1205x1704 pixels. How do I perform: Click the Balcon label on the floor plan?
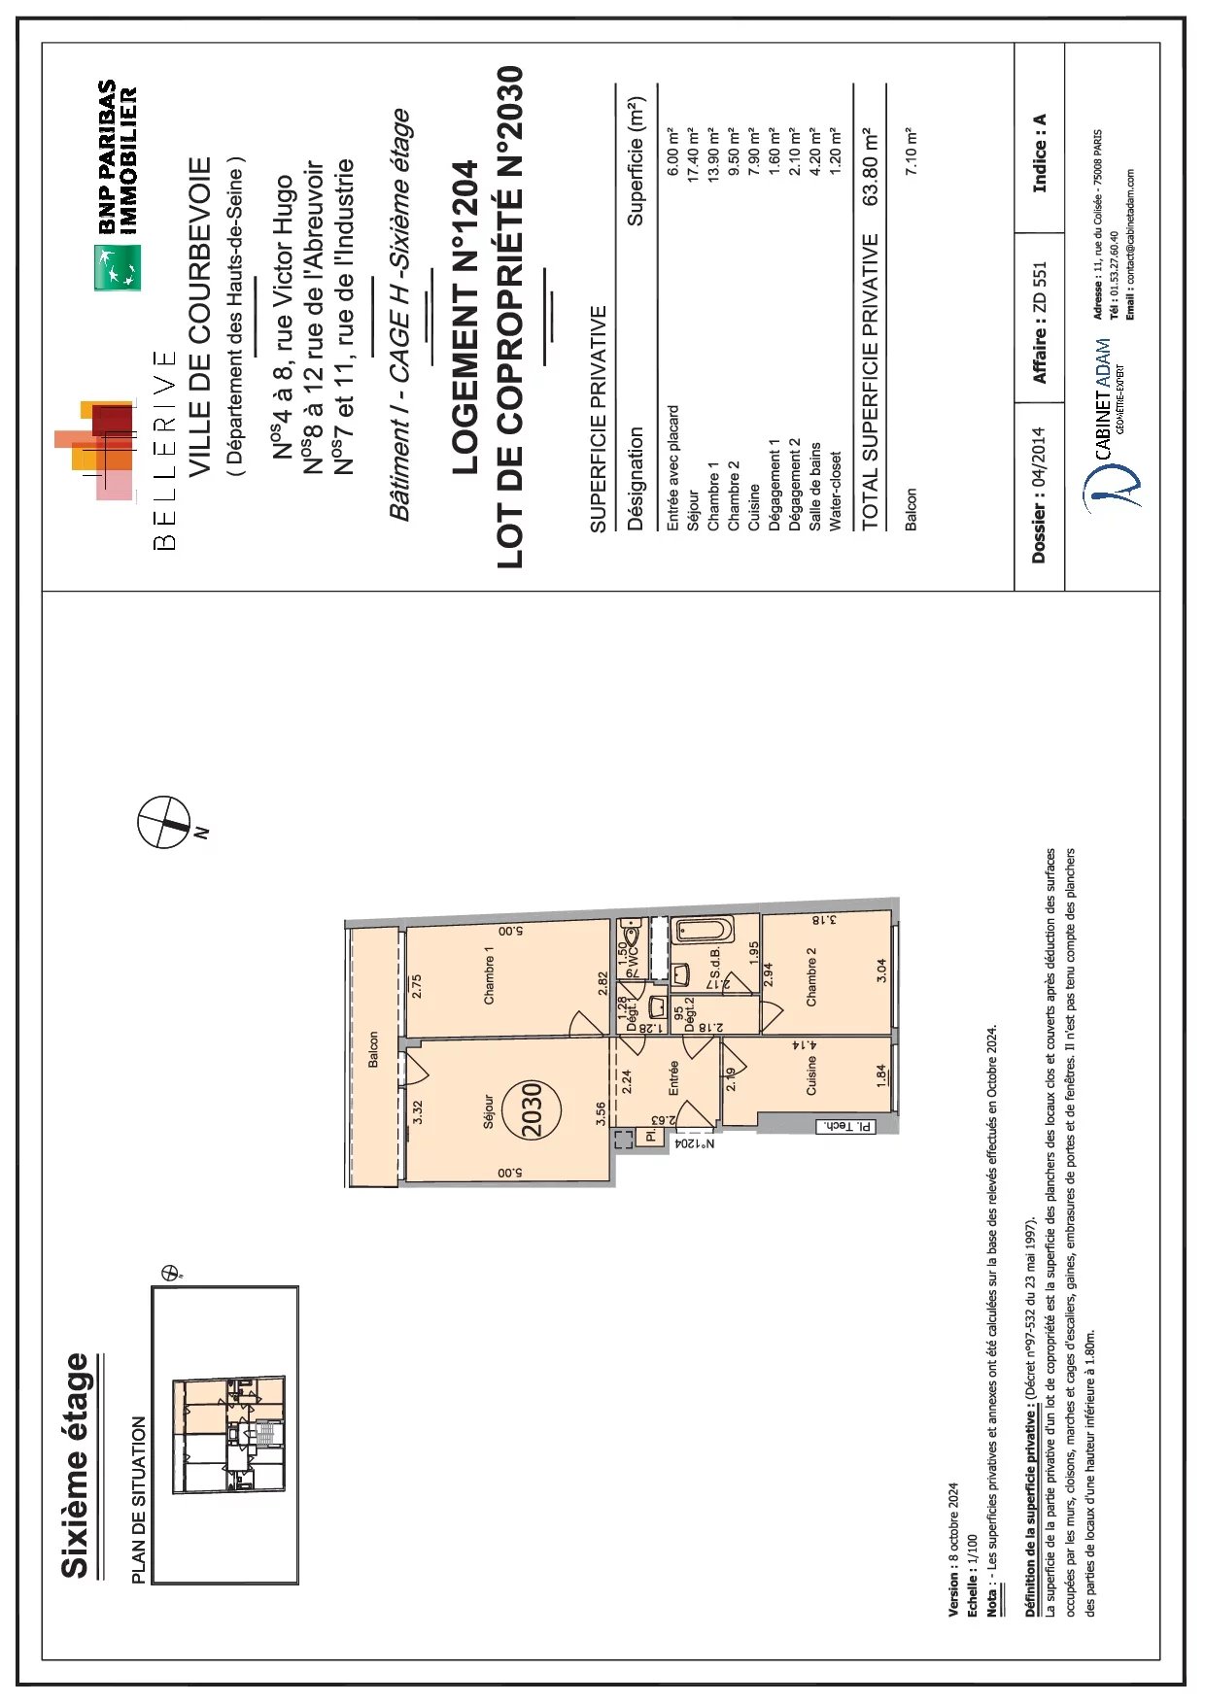pyautogui.click(x=373, y=1049)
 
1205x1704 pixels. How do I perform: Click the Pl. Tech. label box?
pyautogui.click(x=845, y=1126)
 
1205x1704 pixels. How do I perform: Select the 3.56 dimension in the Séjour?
pyautogui.click(x=602, y=1113)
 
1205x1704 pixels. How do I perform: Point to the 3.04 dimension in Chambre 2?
pyautogui.click(x=880, y=969)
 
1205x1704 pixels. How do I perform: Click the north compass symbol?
pyautogui.click(x=163, y=822)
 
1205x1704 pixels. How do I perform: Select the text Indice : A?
pyautogui.click(x=1039, y=153)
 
